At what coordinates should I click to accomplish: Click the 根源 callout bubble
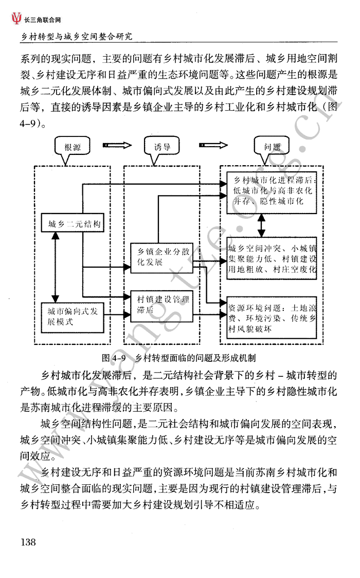pyautogui.click(x=72, y=147)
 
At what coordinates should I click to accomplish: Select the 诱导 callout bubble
pyautogui.click(x=162, y=147)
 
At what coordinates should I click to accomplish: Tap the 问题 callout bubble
pyautogui.click(x=272, y=147)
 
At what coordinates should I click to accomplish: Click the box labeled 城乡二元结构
pyautogui.click(x=72, y=223)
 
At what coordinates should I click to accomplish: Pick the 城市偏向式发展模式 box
pyautogui.click(x=72, y=318)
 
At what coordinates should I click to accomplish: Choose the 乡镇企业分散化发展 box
pyautogui.click(x=162, y=258)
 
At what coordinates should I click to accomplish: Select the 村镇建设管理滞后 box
pyautogui.click(x=162, y=306)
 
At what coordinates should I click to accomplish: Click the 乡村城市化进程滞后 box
pyautogui.click(x=272, y=192)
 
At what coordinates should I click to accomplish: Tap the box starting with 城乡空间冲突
pyautogui.click(x=272, y=258)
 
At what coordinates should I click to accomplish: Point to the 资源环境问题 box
pyautogui.click(x=272, y=318)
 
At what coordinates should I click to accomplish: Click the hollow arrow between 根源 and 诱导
pyautogui.click(x=117, y=145)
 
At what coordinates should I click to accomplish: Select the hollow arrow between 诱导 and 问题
pyautogui.click(x=213, y=145)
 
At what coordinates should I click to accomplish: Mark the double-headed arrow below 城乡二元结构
pyautogui.click(x=56, y=267)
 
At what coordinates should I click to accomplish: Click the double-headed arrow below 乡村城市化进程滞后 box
pyautogui.click(x=261, y=225)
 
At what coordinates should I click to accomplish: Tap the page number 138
pyautogui.click(x=28, y=542)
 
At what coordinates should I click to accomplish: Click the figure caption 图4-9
pyautogui.click(x=114, y=358)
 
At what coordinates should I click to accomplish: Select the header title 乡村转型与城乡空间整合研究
pyautogui.click(x=76, y=37)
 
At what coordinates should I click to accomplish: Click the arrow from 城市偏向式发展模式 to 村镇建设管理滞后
pyautogui.click(x=117, y=314)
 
